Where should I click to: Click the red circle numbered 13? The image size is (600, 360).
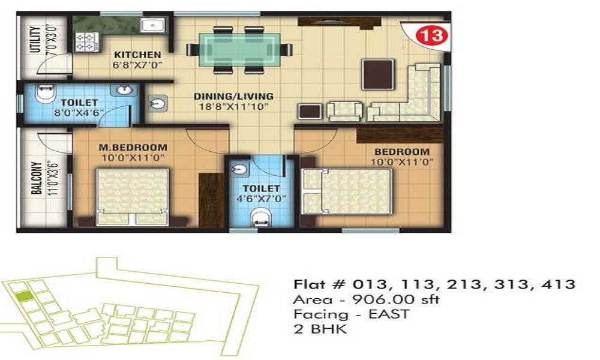tap(431, 35)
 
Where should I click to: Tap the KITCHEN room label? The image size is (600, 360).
tap(138, 55)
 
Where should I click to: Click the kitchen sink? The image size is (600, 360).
tap(152, 26)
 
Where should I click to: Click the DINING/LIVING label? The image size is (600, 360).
tap(234, 97)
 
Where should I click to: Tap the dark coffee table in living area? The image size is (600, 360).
tap(378, 74)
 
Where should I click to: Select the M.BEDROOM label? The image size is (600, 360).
tap(133, 147)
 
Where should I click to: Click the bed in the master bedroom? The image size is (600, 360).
tap(133, 197)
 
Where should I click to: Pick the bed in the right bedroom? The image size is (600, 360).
tap(347, 191)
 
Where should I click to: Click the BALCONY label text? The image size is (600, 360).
tap(37, 178)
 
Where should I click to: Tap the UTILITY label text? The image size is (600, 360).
tap(35, 40)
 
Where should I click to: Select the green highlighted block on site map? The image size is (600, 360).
tap(25, 296)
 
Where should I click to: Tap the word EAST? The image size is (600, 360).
tap(389, 314)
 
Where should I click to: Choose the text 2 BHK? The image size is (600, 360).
tap(320, 329)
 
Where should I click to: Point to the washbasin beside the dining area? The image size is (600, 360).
tap(158, 103)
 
